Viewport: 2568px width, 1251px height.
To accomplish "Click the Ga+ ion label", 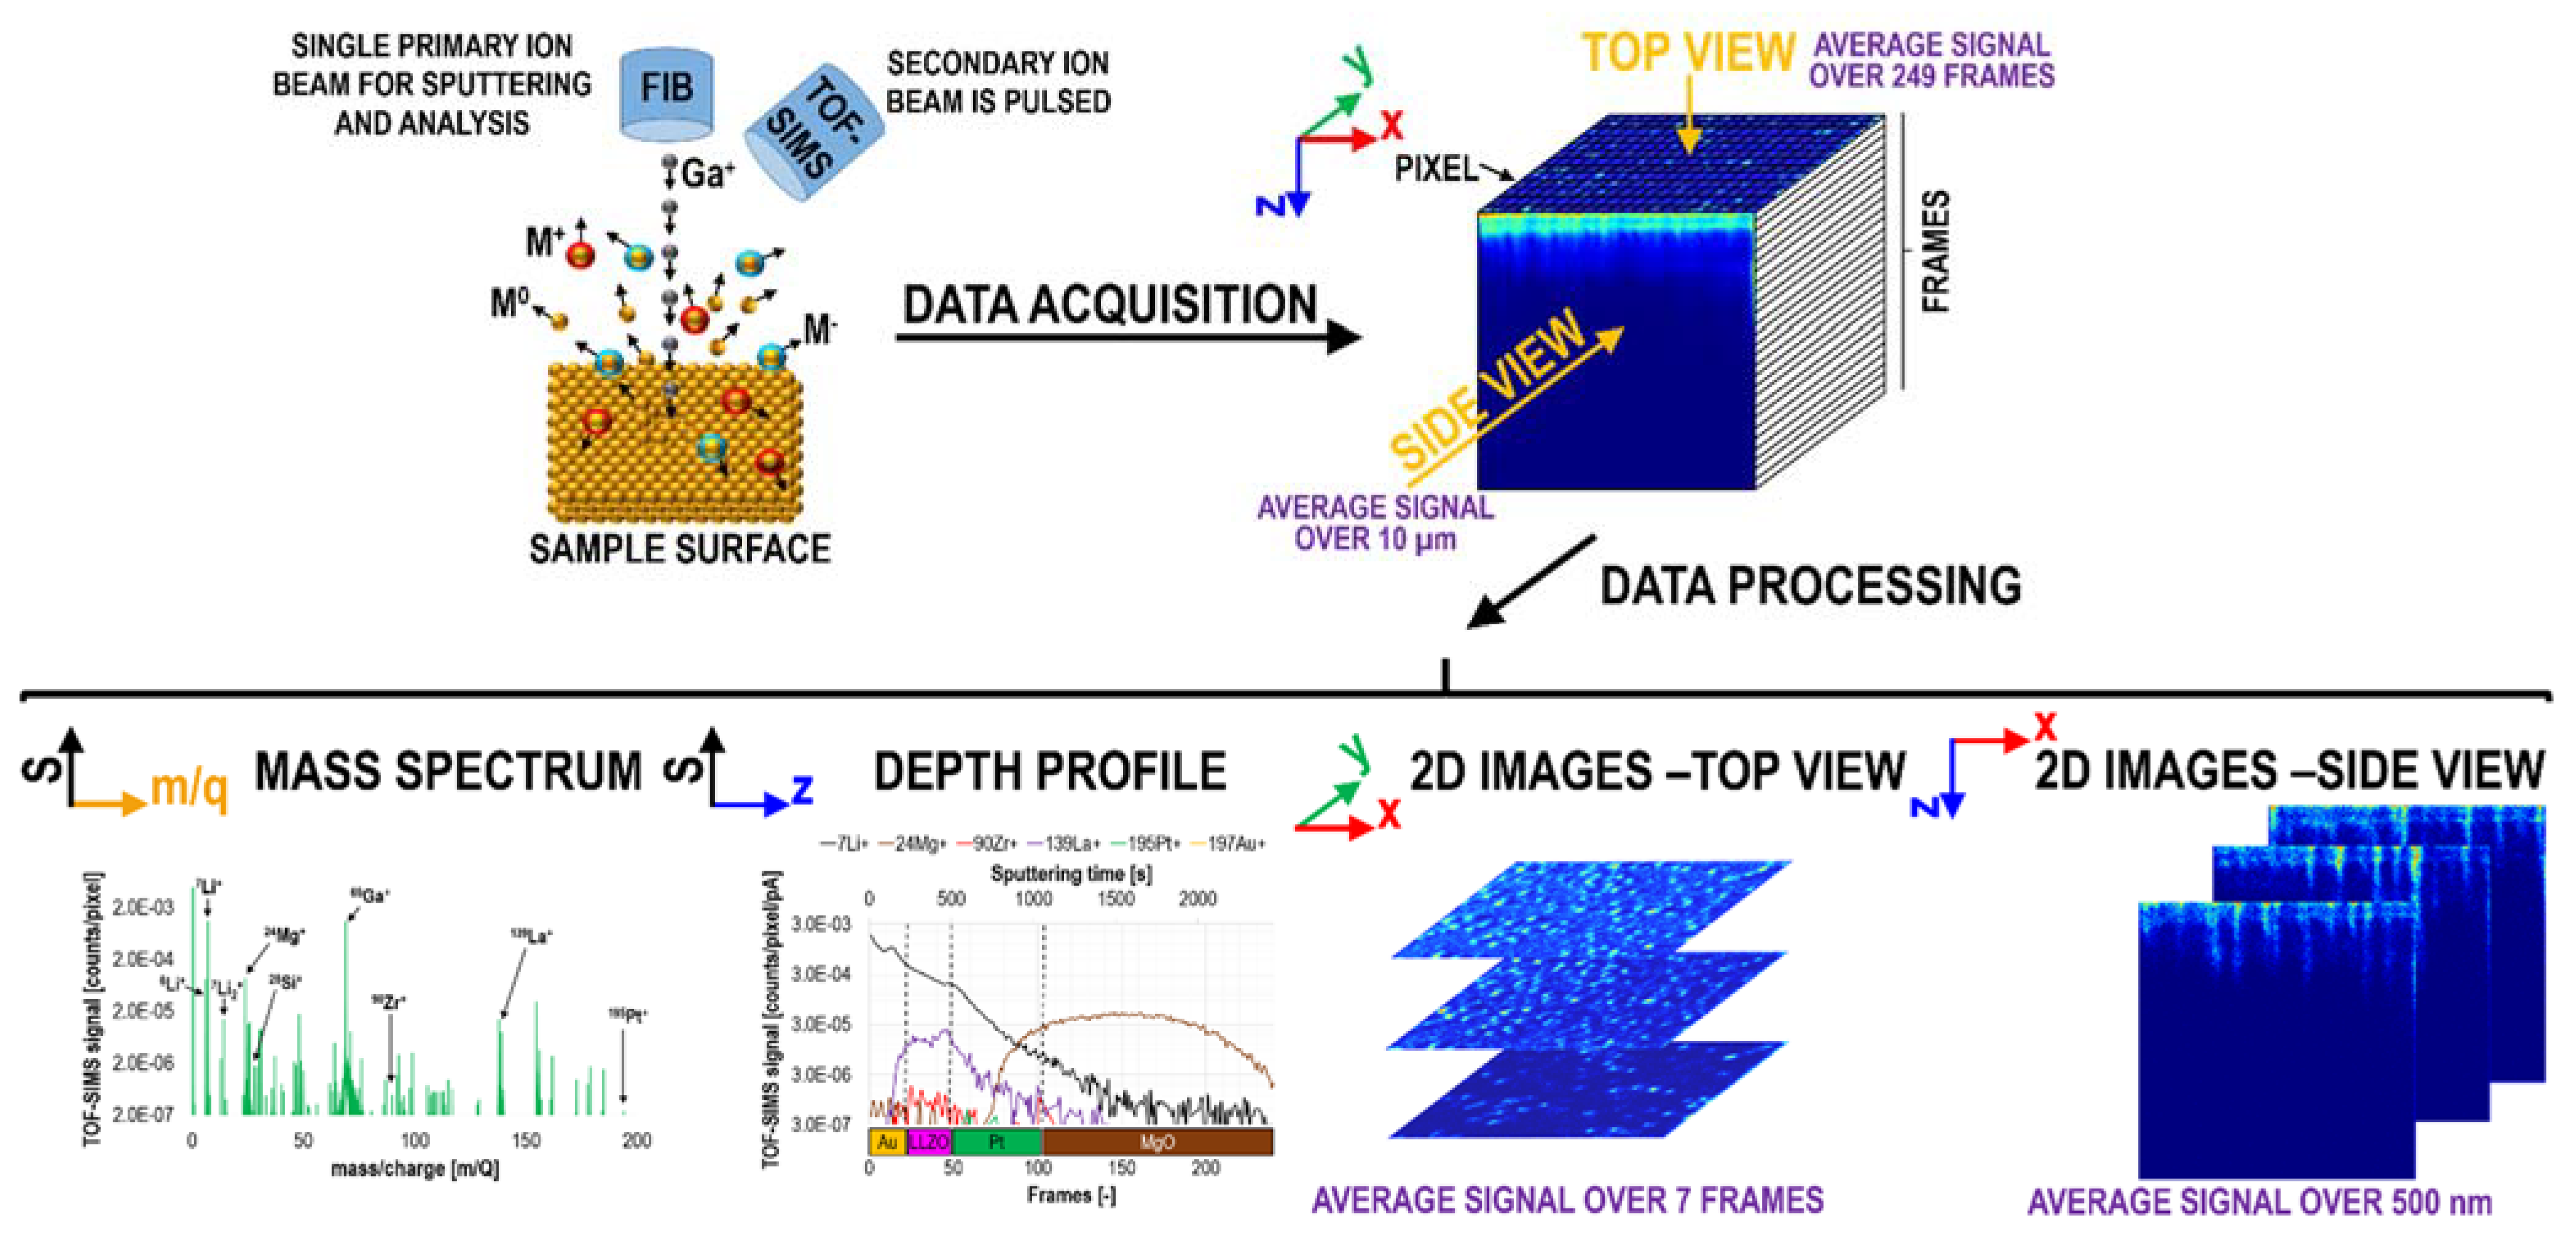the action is point(707,173).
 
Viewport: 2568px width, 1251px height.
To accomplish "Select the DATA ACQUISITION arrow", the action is point(1127,337).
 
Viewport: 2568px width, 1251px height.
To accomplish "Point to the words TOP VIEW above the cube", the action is point(1688,52).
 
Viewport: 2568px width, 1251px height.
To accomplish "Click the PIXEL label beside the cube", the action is point(1436,170).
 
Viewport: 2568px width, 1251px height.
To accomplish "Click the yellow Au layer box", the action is point(887,1142).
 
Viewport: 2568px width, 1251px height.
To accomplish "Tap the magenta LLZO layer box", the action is point(929,1142).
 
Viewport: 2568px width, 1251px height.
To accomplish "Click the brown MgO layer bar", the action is point(1156,1142).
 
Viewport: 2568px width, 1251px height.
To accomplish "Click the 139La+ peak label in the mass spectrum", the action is point(531,936).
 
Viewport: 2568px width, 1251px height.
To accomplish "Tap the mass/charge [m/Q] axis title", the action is point(415,1167).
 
